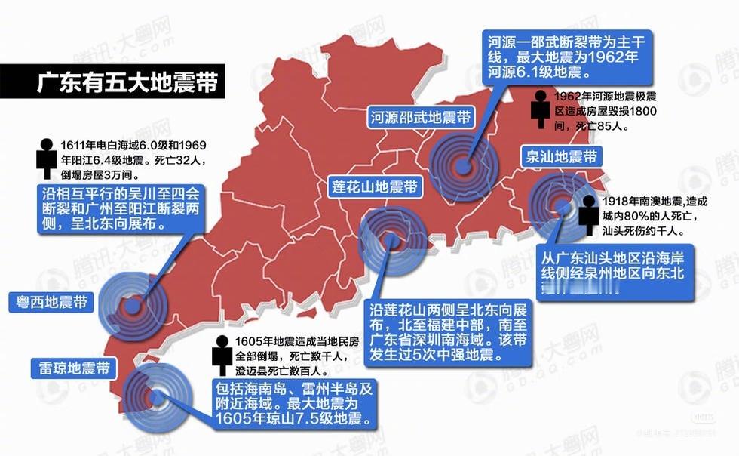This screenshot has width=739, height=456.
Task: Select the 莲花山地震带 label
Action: click(x=376, y=186)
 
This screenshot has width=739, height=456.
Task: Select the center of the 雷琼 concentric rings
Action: click(x=155, y=396)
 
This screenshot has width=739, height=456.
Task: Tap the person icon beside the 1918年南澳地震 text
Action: click(x=589, y=214)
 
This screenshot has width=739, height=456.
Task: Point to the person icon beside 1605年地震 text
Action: click(x=222, y=355)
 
